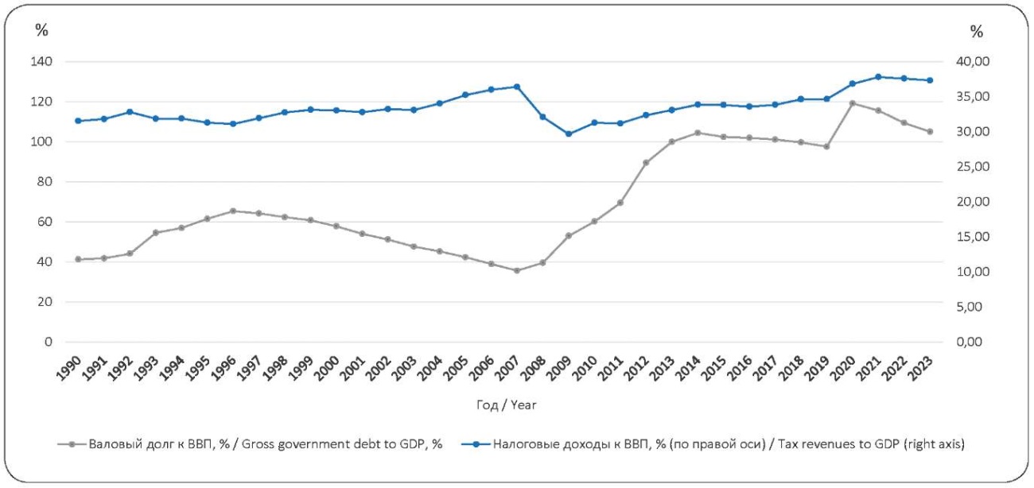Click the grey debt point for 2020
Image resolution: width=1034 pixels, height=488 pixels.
(x=852, y=103)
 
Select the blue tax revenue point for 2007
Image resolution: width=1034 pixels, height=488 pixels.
(x=517, y=87)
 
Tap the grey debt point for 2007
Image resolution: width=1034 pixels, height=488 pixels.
(x=517, y=270)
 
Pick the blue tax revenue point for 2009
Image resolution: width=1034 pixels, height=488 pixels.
(x=569, y=134)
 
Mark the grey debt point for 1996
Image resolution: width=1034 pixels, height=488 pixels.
(x=233, y=211)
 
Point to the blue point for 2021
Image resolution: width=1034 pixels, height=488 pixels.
(x=878, y=77)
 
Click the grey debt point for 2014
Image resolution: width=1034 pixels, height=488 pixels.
(x=698, y=133)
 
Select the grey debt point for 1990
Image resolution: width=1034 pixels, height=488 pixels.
(x=78, y=259)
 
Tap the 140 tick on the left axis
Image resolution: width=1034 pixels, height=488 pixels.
(x=42, y=62)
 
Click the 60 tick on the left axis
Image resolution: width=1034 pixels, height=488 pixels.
(x=45, y=222)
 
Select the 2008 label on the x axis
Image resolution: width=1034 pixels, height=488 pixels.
(x=534, y=367)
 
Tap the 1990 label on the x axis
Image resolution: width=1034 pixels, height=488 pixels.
(x=70, y=367)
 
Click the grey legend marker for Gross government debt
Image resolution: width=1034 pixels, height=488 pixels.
(x=73, y=445)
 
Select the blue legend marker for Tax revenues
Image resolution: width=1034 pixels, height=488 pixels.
(x=476, y=445)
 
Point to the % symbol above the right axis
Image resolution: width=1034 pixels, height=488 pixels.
(x=977, y=32)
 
